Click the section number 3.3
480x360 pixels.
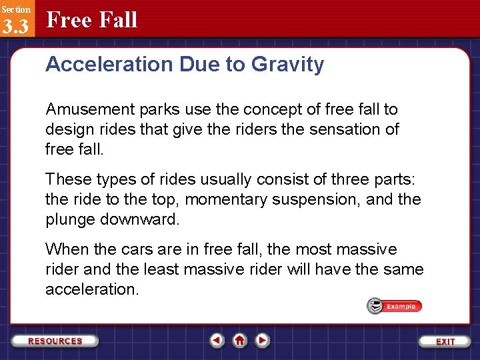[15, 26]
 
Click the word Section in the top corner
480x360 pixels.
[15, 9]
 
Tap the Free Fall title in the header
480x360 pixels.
[92, 20]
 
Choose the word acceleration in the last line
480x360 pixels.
[91, 289]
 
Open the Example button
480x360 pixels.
[395, 306]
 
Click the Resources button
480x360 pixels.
[55, 341]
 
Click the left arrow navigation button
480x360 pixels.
[217, 341]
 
